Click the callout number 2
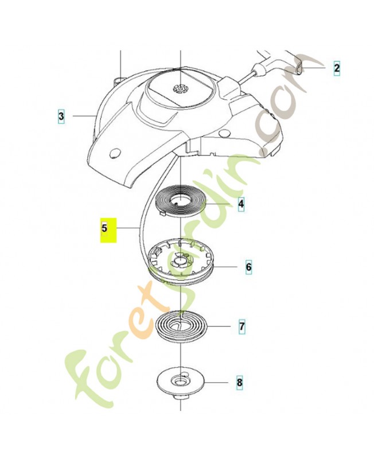tap(337, 68)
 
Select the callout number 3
tap(61, 116)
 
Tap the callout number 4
tap(241, 204)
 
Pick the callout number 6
tap(248, 267)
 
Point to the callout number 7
tap(241, 326)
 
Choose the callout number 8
tap(240, 382)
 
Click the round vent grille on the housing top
tap(180, 88)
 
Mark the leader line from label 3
tap(84, 116)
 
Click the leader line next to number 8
tap(217, 382)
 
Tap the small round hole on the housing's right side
tap(224, 133)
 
